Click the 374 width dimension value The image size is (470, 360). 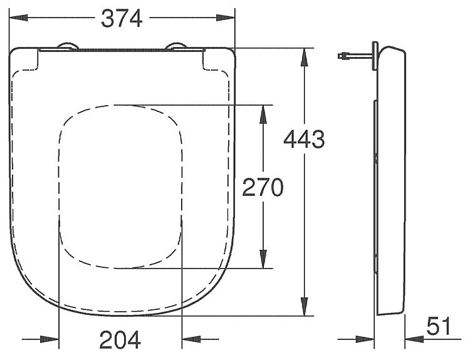point(122,18)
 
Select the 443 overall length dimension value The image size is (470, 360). point(304,139)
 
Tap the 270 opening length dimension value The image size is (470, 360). point(263,187)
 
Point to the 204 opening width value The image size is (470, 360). point(120,339)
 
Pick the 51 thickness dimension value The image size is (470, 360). point(439,326)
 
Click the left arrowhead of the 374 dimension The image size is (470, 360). point(19,18)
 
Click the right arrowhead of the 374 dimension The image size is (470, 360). point(226,18)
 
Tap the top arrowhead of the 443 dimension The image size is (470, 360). point(305,57)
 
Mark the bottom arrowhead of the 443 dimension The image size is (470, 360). point(305,306)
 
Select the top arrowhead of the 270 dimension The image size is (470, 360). point(263,114)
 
